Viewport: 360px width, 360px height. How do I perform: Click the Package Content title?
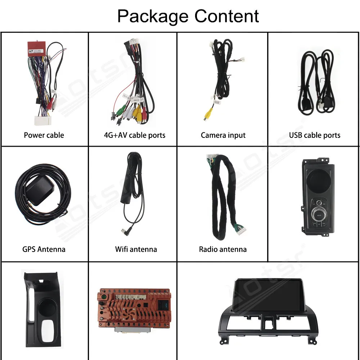188,16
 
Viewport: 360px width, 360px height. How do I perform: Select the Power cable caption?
44,135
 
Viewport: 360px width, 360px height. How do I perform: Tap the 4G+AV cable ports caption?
134,135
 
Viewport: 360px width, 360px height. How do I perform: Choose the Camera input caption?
223,135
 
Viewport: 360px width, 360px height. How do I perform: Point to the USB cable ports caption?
314,135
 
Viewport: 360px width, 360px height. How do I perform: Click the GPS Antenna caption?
44,249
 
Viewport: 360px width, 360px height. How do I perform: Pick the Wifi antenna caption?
136,249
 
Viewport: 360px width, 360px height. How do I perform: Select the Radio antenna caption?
222,249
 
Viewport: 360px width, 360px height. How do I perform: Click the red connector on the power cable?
36,48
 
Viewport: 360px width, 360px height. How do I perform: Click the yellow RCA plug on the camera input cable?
207,114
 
